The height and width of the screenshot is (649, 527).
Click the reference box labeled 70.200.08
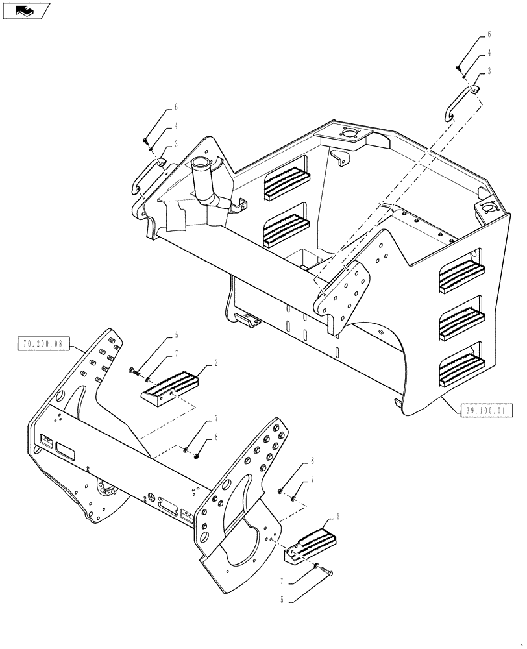click(42, 345)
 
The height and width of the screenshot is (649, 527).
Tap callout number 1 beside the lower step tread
click(337, 518)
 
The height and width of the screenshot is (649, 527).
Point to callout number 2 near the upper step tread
click(216, 365)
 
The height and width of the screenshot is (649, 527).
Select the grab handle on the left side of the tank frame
click(147, 175)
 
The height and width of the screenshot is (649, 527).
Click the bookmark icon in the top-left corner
click(26, 10)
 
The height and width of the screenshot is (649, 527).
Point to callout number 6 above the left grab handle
click(158, 107)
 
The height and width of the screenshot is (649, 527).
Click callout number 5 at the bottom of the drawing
click(283, 600)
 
